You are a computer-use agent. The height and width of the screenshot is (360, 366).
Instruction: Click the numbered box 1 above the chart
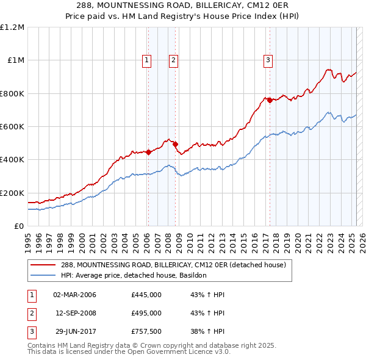click(148, 60)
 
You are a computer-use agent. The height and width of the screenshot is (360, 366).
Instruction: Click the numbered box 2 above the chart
click(174, 60)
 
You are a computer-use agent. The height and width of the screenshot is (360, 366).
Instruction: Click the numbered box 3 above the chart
click(268, 60)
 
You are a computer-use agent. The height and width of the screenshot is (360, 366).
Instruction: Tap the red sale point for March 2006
click(148, 153)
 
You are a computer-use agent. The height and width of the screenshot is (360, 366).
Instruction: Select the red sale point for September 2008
click(176, 144)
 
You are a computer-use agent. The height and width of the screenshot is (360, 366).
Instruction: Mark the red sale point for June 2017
click(270, 101)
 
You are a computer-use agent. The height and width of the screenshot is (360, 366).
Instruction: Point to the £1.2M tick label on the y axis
click(12, 27)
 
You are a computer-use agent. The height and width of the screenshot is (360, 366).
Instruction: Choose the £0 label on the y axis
click(18, 226)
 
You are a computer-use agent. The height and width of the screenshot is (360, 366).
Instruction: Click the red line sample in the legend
click(43, 265)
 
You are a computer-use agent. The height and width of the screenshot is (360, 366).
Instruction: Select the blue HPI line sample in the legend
click(43, 275)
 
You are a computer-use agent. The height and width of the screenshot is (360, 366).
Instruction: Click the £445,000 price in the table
click(146, 295)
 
